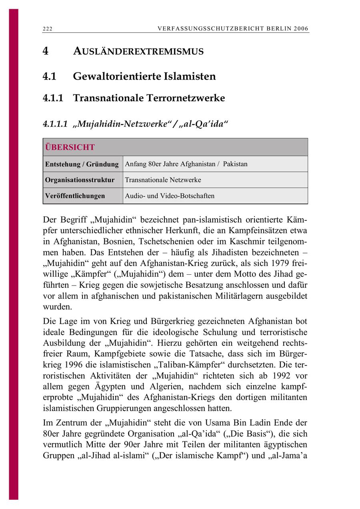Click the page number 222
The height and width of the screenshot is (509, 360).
coord(48,29)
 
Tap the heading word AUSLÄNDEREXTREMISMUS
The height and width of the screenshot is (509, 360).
coord(138,52)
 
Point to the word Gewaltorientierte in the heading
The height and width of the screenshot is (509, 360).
coord(117,76)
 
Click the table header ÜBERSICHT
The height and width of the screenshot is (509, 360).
coord(70,147)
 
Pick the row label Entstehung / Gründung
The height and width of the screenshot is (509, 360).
coord(82,164)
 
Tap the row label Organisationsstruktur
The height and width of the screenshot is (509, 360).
coord(80,180)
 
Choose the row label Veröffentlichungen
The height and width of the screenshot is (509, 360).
coord(75,196)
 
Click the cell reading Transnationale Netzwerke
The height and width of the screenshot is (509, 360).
coord(163,180)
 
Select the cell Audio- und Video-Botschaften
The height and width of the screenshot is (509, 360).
coord(170,196)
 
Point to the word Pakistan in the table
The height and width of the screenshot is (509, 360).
coord(235,164)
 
